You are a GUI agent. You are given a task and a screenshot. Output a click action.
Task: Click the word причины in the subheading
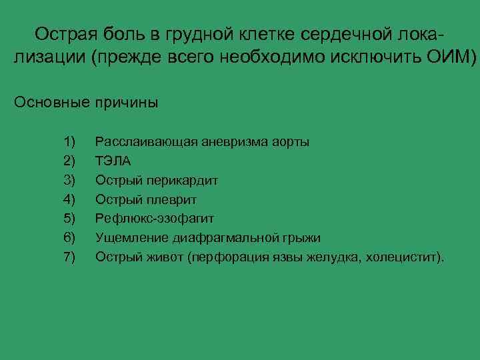pyautogui.click(x=127, y=103)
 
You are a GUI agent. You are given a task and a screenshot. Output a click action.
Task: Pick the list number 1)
pyautogui.click(x=70, y=142)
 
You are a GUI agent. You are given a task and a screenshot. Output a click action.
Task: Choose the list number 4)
pyautogui.click(x=70, y=199)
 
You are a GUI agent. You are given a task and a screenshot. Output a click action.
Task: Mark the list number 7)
pyautogui.click(x=70, y=257)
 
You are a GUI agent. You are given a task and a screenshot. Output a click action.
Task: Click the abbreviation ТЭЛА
pyautogui.click(x=113, y=161)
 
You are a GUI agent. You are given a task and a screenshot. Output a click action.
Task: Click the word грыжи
pyautogui.click(x=301, y=237)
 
